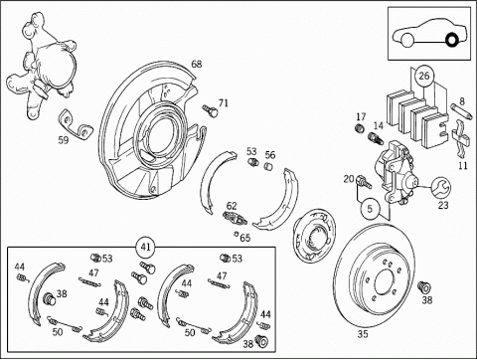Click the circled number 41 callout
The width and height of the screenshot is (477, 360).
coord(146,247)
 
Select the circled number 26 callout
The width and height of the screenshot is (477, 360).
coord(423,76)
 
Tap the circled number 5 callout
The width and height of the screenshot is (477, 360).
coord(370,209)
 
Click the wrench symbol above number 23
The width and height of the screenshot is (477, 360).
coord(442,186)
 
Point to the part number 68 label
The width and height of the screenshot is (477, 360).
coord(197,64)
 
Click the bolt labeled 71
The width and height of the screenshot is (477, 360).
coord(211,111)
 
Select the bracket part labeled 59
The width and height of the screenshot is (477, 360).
coord(76,123)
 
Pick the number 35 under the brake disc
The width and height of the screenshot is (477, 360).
coord(363,334)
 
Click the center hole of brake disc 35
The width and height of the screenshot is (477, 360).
coord(386,282)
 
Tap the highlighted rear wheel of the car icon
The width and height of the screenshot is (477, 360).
coord(451,40)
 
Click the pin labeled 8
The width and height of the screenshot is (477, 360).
coord(462,112)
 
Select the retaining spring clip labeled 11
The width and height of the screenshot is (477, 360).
coord(460,138)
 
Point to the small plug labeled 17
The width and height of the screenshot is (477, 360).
coord(360,128)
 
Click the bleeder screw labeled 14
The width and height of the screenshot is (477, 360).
coord(376,138)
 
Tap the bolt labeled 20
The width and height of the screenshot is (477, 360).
coord(364,182)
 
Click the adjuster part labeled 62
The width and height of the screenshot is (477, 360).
coord(235,218)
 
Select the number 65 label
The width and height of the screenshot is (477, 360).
coord(245,238)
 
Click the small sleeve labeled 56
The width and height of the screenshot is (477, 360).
coord(268,166)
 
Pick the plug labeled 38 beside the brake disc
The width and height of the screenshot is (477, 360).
coord(423,286)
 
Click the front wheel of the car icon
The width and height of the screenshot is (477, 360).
coord(406,40)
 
